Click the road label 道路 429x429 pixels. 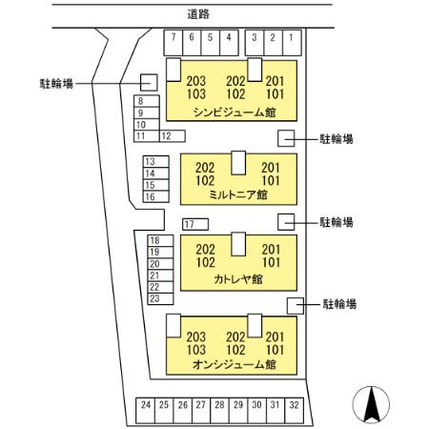(198, 14)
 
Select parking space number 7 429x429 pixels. (174, 43)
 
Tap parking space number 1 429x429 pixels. (292, 43)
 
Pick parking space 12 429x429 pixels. (172, 136)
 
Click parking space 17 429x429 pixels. (195, 224)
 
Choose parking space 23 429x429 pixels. (160, 298)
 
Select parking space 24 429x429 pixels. (146, 411)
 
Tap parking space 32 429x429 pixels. (295, 411)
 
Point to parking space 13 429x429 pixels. (155, 162)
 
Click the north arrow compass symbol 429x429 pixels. (371, 404)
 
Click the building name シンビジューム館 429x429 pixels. (235, 112)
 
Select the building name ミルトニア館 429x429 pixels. (238, 194)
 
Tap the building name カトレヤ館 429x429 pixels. (238, 279)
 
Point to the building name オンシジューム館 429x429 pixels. (234, 364)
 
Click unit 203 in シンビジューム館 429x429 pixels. (196, 81)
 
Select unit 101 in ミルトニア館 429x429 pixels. (271, 181)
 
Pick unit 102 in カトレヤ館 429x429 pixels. (205, 262)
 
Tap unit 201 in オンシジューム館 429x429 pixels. (275, 337)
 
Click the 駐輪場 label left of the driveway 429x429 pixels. (56, 84)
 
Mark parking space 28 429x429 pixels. (219, 411)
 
